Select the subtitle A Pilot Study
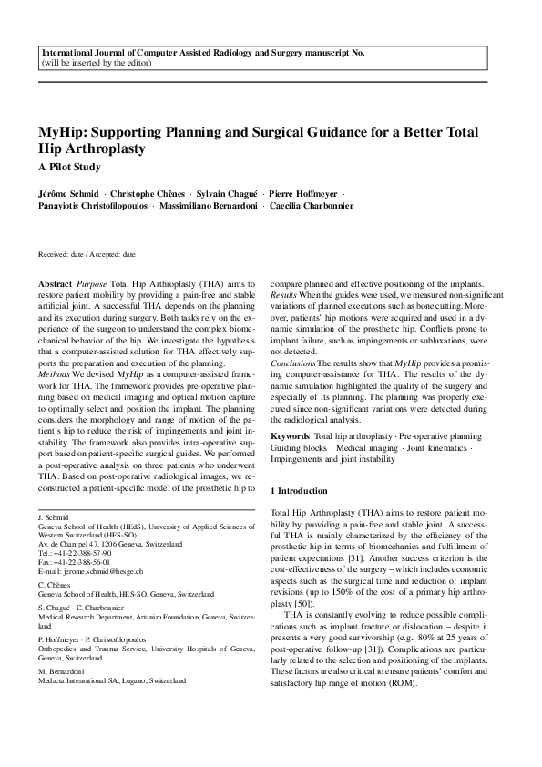(69, 167)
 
